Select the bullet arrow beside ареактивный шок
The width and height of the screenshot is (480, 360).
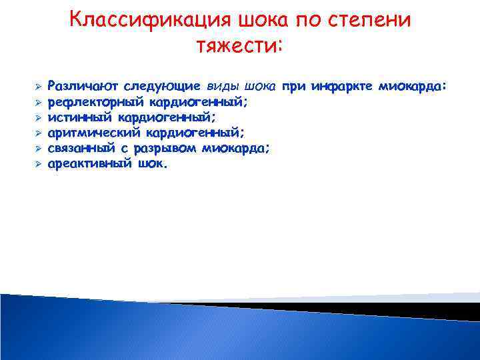click(x=39, y=163)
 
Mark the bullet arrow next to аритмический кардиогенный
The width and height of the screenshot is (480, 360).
click(x=39, y=133)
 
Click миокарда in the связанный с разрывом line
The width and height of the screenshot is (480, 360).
click(x=237, y=147)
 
